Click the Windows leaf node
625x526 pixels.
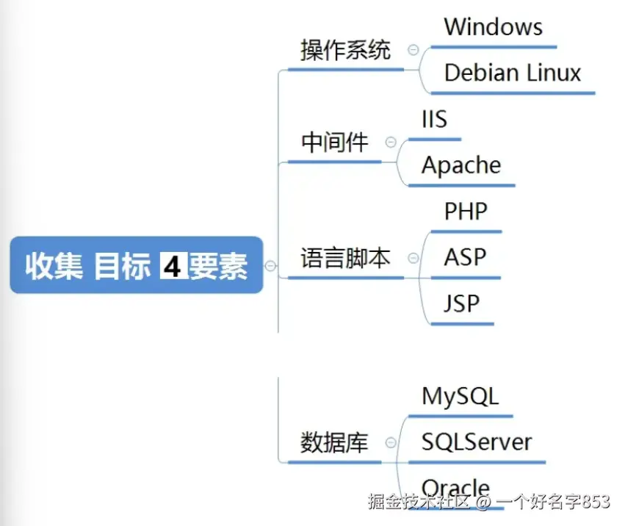(493, 26)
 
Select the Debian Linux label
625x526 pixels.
(513, 73)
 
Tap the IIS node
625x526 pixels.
(435, 119)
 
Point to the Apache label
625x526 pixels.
(461, 165)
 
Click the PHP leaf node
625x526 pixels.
(466, 211)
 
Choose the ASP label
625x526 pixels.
(465, 257)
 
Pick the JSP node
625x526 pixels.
(461, 303)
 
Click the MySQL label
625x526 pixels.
(460, 397)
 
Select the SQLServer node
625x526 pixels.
(477, 442)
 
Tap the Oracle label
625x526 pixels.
(455, 487)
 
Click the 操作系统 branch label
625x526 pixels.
(346, 50)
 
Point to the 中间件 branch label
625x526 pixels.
(334, 143)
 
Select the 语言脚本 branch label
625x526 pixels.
(346, 258)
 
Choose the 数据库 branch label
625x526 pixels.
(334, 442)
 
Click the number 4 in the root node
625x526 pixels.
(173, 266)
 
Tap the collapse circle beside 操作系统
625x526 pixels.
(413, 50)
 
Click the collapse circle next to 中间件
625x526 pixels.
(391, 142)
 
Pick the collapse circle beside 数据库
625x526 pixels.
(391, 442)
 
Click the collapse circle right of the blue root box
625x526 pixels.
(271, 266)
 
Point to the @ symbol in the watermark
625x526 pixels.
(483, 502)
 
